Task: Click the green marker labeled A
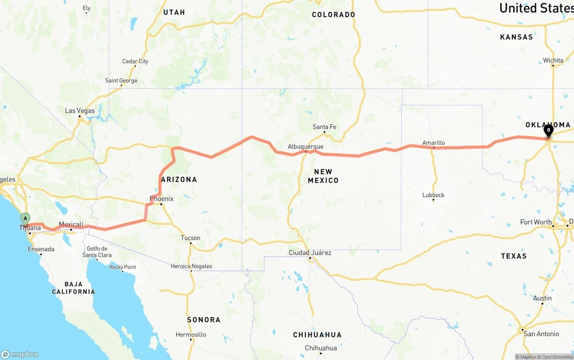click(25, 219)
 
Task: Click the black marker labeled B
click(548, 130)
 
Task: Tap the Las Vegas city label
click(80, 111)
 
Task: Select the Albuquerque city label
click(305, 147)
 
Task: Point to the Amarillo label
click(434, 143)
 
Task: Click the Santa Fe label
click(324, 127)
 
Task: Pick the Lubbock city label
click(433, 195)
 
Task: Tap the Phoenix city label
click(161, 199)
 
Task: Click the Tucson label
click(191, 238)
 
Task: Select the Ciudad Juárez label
click(310, 253)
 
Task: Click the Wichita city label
click(553, 60)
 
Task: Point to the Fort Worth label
click(536, 222)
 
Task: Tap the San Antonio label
click(541, 334)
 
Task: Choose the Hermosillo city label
click(191, 334)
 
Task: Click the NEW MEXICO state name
click(323, 176)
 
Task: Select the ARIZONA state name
click(179, 179)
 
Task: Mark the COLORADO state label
click(334, 15)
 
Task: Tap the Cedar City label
click(135, 61)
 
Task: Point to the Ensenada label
click(41, 249)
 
